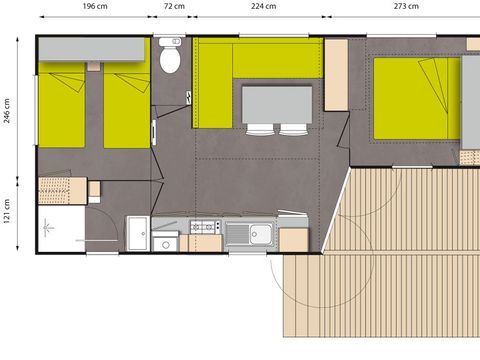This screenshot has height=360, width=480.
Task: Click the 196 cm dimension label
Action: coord(95,6)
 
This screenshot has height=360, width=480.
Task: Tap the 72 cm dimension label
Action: coord(173,6)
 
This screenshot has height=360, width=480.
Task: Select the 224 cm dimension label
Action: coord(263,6)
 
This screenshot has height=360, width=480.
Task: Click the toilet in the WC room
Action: coord(170,61)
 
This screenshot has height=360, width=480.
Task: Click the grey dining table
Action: coord(275,103)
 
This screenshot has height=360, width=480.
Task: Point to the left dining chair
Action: coord(259,128)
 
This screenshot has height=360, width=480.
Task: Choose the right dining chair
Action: coord(293,128)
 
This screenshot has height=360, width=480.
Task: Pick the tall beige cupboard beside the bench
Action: coord(335,75)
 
